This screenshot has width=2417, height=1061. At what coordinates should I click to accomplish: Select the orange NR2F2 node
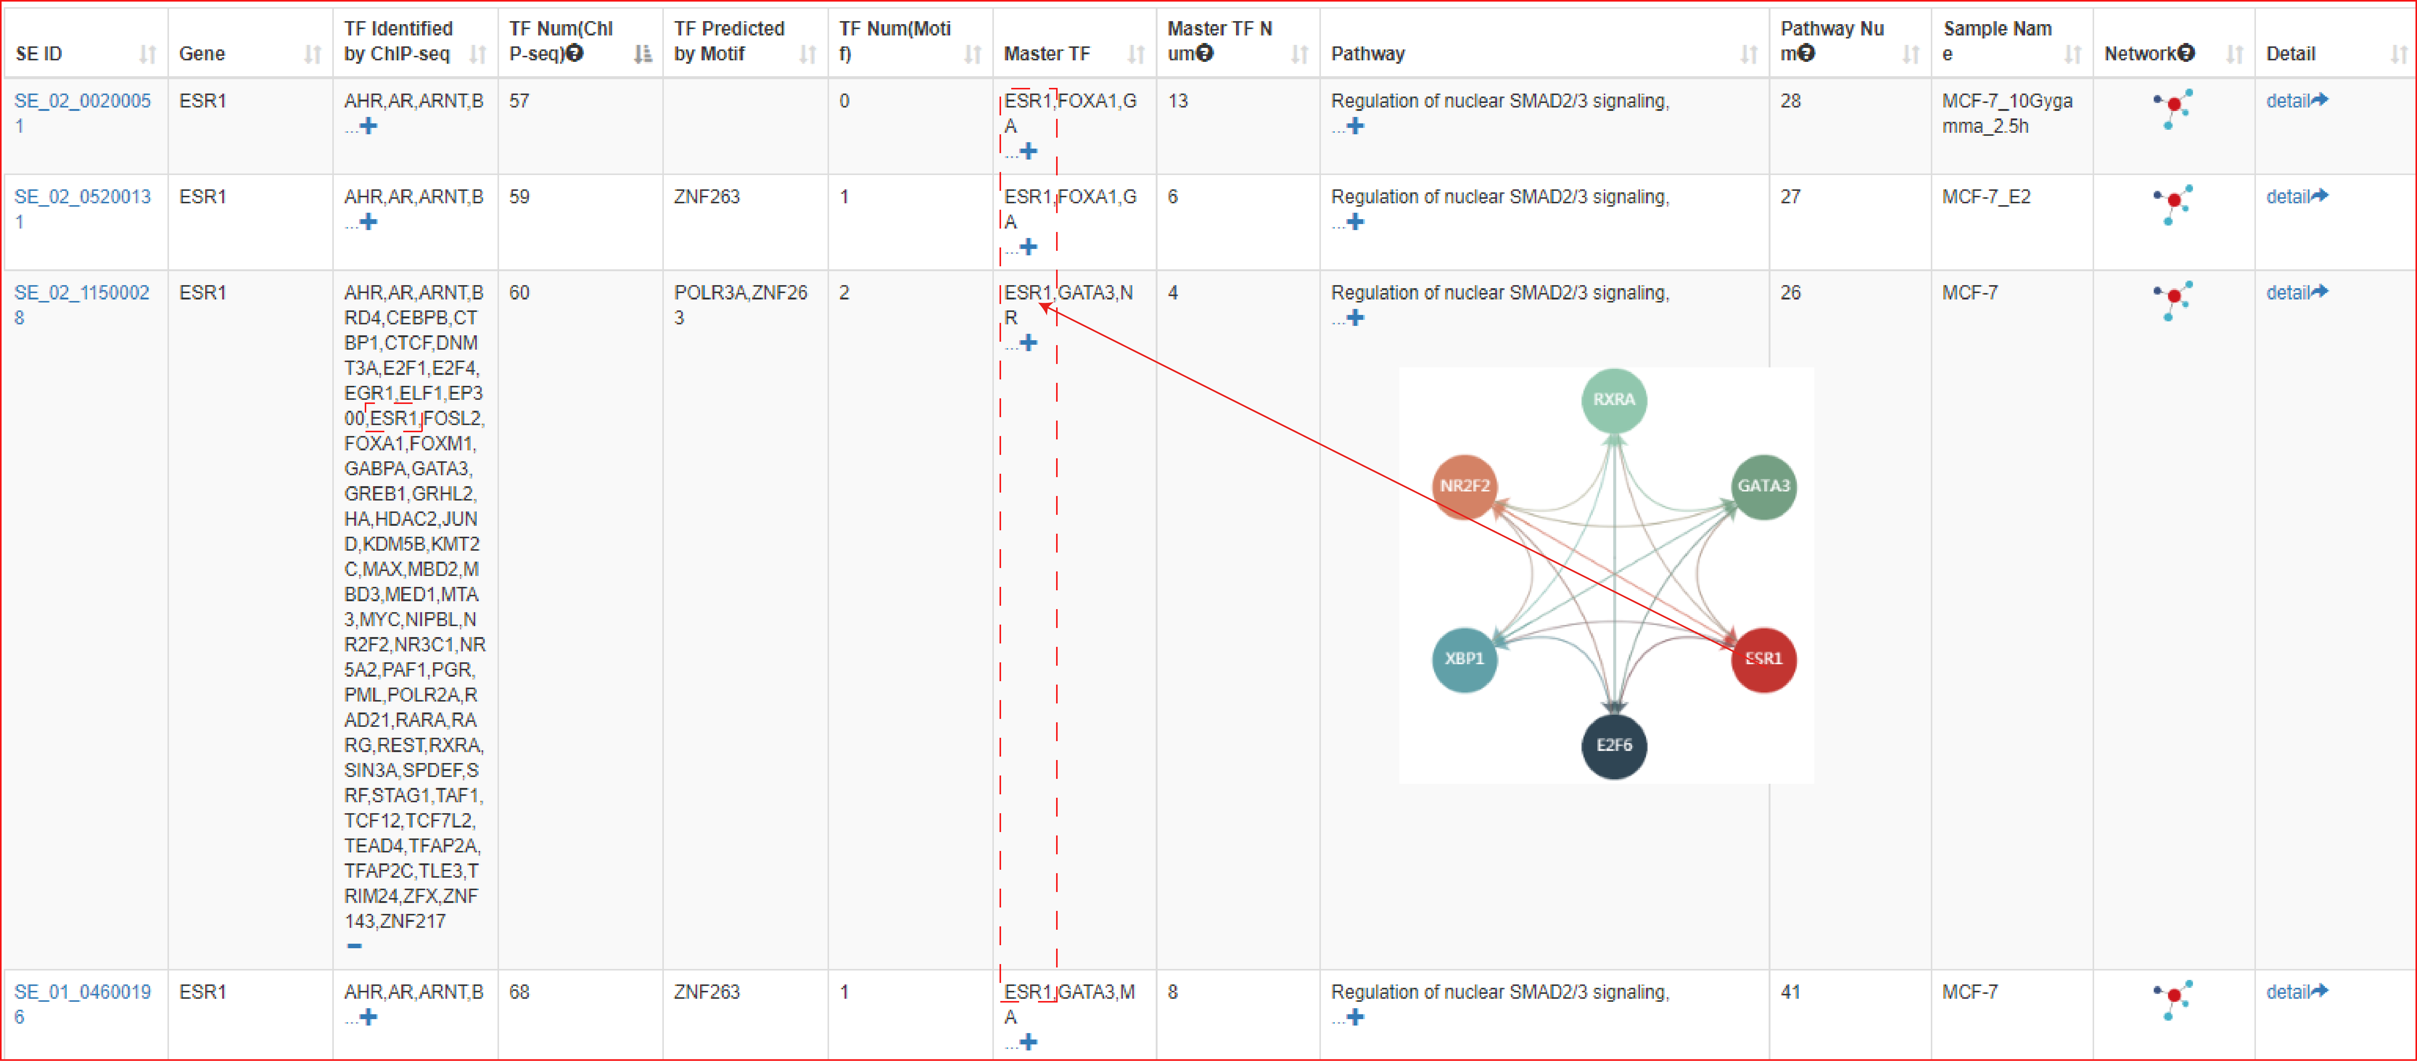click(x=1465, y=486)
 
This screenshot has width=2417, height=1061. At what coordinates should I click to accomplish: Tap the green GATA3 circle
click(x=1763, y=486)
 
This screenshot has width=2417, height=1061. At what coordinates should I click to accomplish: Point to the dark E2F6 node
click(x=1614, y=746)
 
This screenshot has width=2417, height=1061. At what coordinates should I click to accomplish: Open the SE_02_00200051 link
click(x=83, y=112)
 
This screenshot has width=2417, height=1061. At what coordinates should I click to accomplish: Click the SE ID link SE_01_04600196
click(x=83, y=1004)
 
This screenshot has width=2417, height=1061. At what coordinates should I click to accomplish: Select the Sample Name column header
click(x=1997, y=41)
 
